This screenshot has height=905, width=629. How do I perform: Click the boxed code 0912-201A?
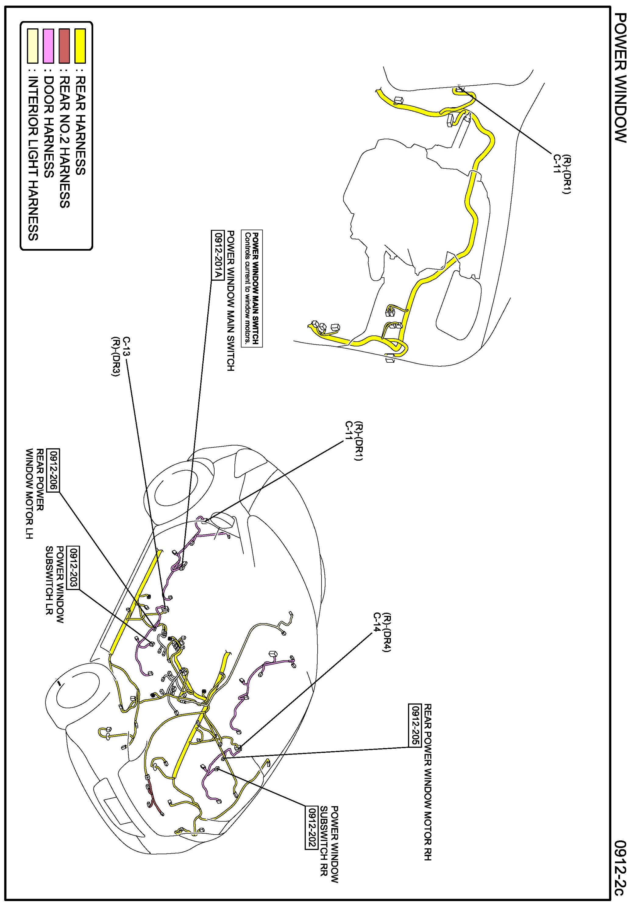point(216,254)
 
